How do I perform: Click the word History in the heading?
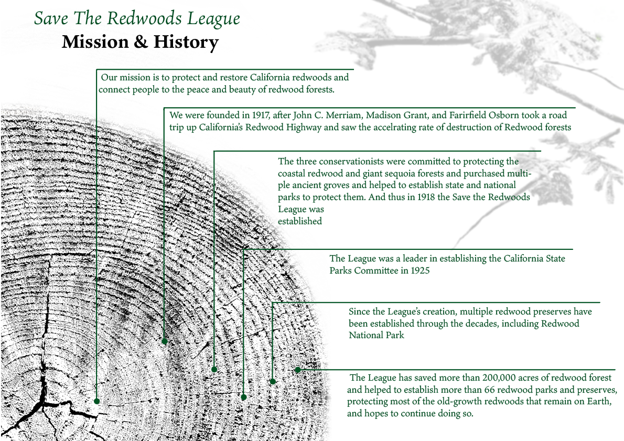pyautogui.click(x=186, y=42)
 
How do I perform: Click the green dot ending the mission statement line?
pyautogui.click(x=96, y=401)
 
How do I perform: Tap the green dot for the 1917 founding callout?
pyautogui.click(x=164, y=341)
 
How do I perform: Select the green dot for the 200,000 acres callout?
pyautogui.click(x=297, y=370)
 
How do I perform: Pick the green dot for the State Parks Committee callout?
pyautogui.click(x=243, y=397)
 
